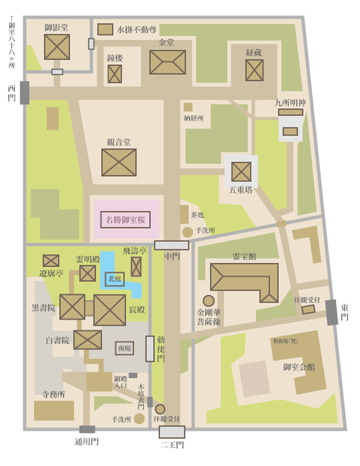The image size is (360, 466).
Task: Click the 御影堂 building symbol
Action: pyautogui.click(x=56, y=46)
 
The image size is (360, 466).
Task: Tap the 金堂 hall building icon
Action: pyautogui.click(x=167, y=62)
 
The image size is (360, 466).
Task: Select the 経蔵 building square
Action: pyautogui.click(x=254, y=70)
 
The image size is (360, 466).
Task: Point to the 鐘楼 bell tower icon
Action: pyautogui.click(x=114, y=73)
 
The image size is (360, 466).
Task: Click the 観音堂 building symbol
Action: pyautogui.click(x=118, y=162)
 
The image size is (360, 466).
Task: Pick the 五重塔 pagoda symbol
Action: pyautogui.click(x=241, y=172)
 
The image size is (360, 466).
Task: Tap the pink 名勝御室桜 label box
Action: pyautogui.click(x=126, y=220)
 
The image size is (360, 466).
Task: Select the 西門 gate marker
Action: pyautogui.click(x=24, y=92)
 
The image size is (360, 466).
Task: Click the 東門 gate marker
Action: pyautogui.click(x=332, y=312)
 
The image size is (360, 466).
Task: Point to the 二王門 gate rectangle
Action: pyautogui.click(x=172, y=432)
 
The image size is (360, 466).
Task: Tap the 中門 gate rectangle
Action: pyautogui.click(x=172, y=245)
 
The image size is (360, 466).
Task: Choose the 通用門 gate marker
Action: pyautogui.click(x=87, y=429)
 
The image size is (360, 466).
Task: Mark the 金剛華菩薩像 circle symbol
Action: pyautogui.click(x=208, y=300)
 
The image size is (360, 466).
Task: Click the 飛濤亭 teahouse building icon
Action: pyautogui.click(x=136, y=267)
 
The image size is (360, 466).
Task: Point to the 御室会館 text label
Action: pyautogui.click(x=298, y=366)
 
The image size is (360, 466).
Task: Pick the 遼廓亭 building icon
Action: pyautogui.click(x=51, y=261)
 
